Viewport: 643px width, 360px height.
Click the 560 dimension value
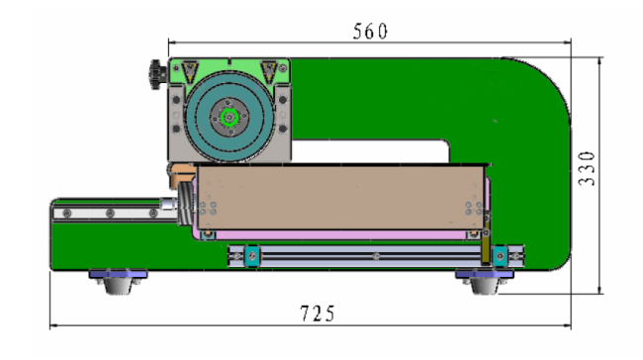coord(370,32)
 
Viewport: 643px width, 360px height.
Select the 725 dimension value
coord(318,314)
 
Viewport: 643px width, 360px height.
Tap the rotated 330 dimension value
coord(587,168)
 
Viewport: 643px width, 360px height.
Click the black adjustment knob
coord(157,74)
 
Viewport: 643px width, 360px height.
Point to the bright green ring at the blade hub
coord(230,118)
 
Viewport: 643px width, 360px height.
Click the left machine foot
coord(118,282)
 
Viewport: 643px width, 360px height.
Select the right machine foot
coord(485,282)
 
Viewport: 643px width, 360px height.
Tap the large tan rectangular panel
coord(340,197)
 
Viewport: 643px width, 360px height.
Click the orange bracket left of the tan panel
coord(181,173)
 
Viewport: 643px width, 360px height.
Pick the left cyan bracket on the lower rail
coord(252,256)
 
